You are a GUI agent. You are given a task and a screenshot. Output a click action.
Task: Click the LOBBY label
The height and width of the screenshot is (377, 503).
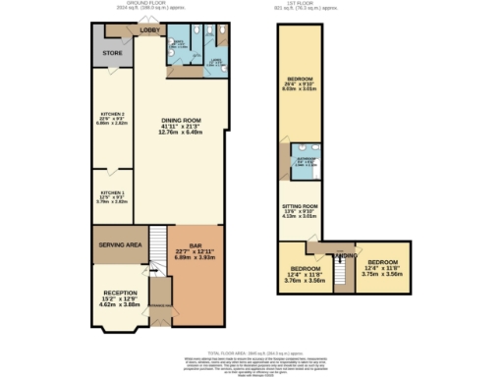coord(149,31)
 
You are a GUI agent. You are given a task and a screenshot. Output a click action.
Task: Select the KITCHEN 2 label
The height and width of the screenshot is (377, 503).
coord(112,115)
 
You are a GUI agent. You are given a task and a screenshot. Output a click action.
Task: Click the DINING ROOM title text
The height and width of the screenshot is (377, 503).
coord(182,121)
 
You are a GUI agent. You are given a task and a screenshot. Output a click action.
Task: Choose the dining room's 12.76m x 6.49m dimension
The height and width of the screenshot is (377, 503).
coord(182,135)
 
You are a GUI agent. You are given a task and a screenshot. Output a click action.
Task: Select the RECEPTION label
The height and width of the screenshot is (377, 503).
coord(121,293)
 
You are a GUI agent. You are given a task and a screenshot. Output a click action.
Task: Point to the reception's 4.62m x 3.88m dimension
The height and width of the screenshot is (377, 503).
coord(121,305)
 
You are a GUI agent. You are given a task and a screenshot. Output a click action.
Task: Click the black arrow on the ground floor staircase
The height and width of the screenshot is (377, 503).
coord(154,269)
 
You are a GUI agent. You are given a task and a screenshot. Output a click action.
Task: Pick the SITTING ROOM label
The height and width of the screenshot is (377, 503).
coord(301,206)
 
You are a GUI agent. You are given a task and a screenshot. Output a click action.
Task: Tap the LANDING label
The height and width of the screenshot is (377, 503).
coord(346,255)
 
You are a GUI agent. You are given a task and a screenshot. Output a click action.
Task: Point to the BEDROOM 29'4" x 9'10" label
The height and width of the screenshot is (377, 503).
coord(300,79)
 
